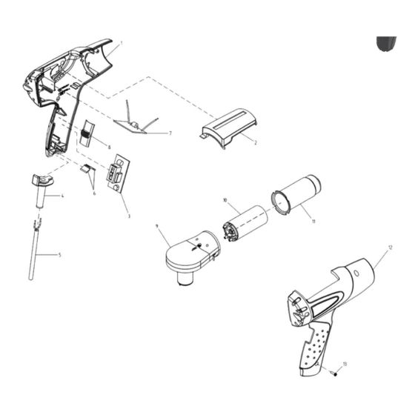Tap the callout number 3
coord(128,216)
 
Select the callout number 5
coord(60,255)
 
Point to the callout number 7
coord(170,133)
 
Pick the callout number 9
coord(158,225)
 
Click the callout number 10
coord(225,200)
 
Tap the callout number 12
coord(390,246)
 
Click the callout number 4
coord(63,196)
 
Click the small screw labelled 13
coord(334,373)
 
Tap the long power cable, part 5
coord(35,252)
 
